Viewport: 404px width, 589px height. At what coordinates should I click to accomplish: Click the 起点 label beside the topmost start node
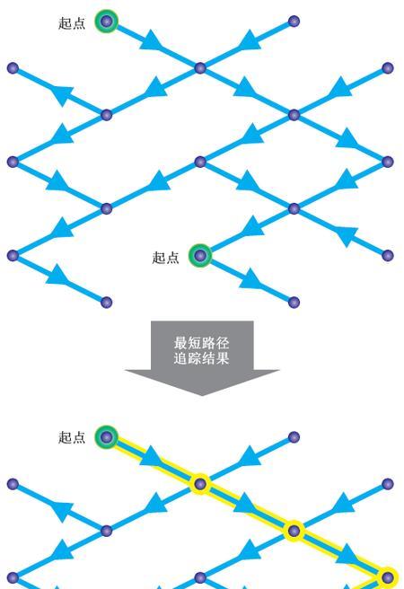pyautogui.click(x=72, y=23)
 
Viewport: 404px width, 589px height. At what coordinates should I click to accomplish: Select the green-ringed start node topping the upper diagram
pyautogui.click(x=106, y=21)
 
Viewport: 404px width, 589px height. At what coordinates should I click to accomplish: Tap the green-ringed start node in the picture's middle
pyautogui.click(x=200, y=255)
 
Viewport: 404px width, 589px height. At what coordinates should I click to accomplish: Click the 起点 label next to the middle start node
pyautogui.click(x=165, y=258)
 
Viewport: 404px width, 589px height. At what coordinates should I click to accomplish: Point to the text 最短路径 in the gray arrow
pyautogui.click(x=202, y=343)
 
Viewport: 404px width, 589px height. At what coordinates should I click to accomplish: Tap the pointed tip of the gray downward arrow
pyautogui.click(x=202, y=396)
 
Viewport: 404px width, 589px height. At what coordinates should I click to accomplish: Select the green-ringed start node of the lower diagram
pyautogui.click(x=106, y=437)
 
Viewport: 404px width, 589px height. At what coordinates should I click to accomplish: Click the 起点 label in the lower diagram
pyautogui.click(x=72, y=437)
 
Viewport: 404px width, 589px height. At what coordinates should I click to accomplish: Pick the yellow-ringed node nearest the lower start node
pyautogui.click(x=200, y=484)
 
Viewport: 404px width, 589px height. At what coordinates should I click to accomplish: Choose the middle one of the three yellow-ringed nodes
pyautogui.click(x=294, y=531)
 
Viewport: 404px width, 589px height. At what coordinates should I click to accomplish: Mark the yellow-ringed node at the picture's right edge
pyautogui.click(x=388, y=577)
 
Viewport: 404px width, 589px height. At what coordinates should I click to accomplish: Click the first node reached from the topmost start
pyautogui.click(x=200, y=68)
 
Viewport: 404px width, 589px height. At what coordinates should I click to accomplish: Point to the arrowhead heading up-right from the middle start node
pyautogui.click(x=250, y=226)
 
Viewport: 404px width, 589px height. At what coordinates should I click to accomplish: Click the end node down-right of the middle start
pyautogui.click(x=294, y=302)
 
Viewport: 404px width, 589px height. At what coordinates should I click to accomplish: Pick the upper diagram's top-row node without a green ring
pyautogui.click(x=294, y=21)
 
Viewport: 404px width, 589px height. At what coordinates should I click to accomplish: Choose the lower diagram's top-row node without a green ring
pyautogui.click(x=294, y=437)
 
